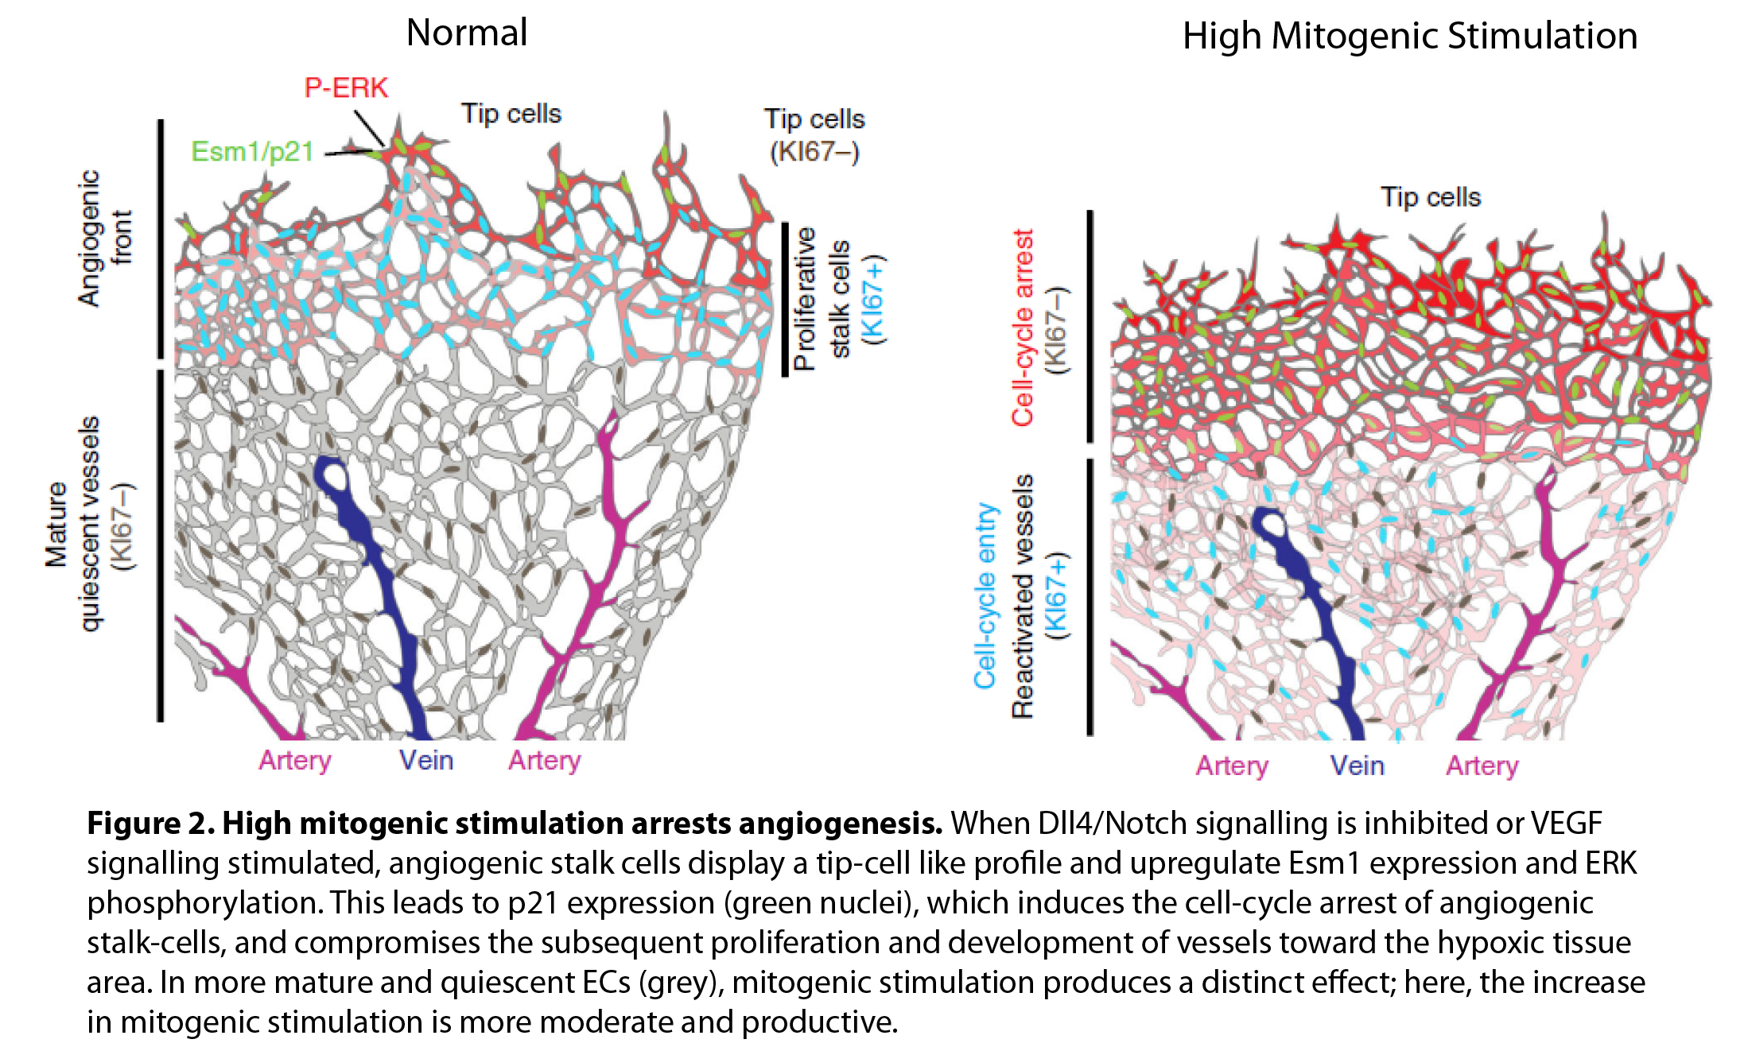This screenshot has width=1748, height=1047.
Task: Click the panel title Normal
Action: (467, 33)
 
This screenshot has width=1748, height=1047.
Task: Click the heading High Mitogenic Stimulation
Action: (1409, 37)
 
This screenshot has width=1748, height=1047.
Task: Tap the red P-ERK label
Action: (346, 87)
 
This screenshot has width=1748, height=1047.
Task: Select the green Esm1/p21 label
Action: (252, 151)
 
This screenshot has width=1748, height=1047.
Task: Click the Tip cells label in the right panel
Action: (1430, 197)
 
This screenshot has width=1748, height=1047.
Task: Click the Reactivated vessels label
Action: (1023, 596)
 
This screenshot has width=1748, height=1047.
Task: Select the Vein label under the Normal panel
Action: (426, 760)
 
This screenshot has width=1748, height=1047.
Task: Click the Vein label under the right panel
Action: (1357, 766)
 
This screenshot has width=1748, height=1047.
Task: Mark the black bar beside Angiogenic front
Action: (161, 238)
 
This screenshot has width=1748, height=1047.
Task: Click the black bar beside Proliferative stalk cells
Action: (785, 299)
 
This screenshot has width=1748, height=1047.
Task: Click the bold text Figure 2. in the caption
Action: (150, 824)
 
